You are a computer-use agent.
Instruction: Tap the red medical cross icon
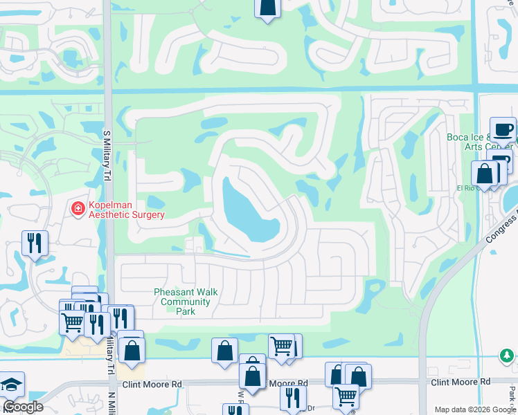(79, 207)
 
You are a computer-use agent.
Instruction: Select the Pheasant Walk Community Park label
(186, 302)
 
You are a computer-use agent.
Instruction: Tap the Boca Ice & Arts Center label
(478, 141)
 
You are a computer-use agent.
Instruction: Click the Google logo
(23, 407)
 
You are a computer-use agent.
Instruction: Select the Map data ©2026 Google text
(476, 409)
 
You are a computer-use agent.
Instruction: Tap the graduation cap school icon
(11, 385)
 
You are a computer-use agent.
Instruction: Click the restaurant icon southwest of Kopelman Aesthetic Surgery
(35, 242)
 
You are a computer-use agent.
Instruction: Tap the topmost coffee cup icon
(503, 129)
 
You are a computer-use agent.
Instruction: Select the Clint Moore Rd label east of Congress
(460, 382)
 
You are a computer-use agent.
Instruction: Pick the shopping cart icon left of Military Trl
(72, 322)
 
